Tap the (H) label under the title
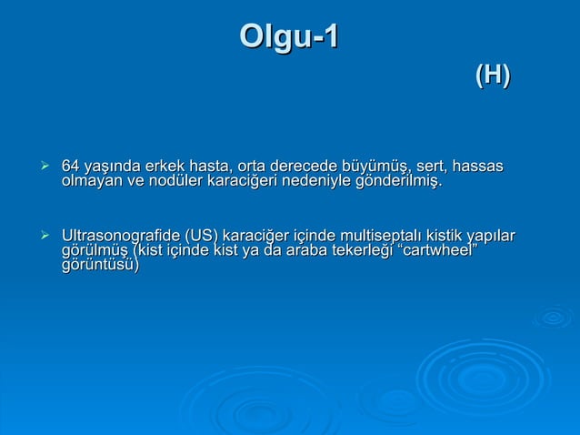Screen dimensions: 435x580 click(492, 76)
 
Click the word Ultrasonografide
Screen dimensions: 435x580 click(119, 238)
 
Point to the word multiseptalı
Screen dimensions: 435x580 click(377, 238)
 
